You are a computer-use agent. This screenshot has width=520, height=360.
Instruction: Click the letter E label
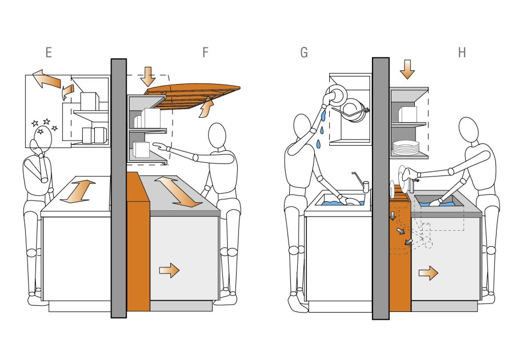point(49,53)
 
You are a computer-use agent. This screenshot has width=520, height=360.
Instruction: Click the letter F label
point(205,53)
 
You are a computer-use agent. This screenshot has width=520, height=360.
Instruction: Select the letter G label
point(304,53)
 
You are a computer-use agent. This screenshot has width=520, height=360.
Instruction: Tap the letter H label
point(462,53)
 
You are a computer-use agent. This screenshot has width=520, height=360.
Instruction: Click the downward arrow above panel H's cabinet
point(407,69)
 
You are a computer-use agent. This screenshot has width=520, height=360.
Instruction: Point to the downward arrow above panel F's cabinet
point(147,77)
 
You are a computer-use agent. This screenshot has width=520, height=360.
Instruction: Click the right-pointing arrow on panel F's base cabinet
point(169,270)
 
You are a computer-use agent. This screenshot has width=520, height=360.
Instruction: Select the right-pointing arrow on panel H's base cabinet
point(428,273)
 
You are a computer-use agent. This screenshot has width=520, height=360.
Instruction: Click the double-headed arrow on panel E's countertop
point(78,191)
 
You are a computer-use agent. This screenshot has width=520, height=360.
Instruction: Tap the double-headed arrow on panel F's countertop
point(178,192)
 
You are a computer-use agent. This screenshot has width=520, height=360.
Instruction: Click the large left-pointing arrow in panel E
point(47,78)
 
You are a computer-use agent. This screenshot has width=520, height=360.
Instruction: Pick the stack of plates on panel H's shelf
point(406,147)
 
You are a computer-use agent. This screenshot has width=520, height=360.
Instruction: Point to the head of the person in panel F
point(217,135)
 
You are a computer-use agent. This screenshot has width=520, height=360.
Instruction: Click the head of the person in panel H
point(468,130)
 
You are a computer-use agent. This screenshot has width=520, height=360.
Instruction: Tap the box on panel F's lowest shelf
point(141,150)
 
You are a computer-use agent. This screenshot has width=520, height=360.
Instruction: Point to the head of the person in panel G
point(302,127)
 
